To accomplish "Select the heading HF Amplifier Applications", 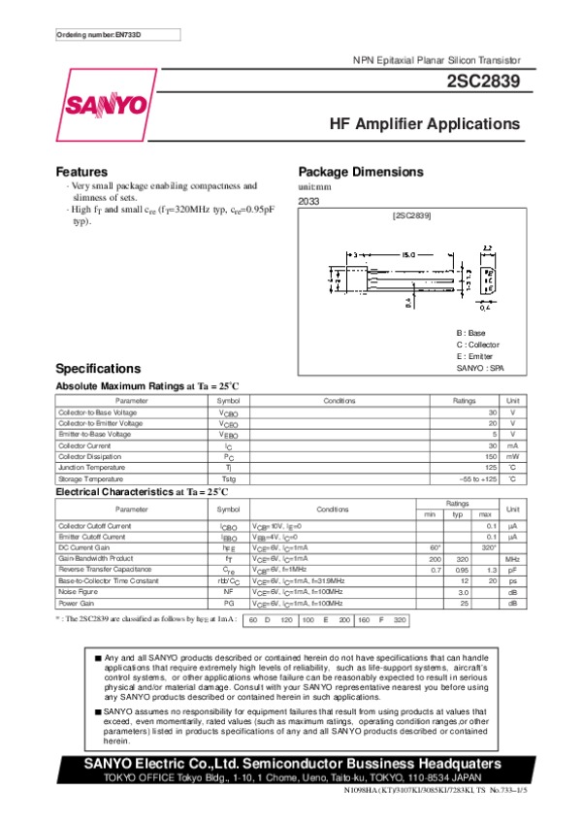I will point(425,125).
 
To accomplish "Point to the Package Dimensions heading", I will point(361,172).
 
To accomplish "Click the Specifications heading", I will point(99,369).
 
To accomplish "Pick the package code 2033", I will point(308,201).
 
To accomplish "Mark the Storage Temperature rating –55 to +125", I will point(476,479).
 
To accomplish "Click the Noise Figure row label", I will point(80,591).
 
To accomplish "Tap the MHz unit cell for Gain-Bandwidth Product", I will point(513,559).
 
